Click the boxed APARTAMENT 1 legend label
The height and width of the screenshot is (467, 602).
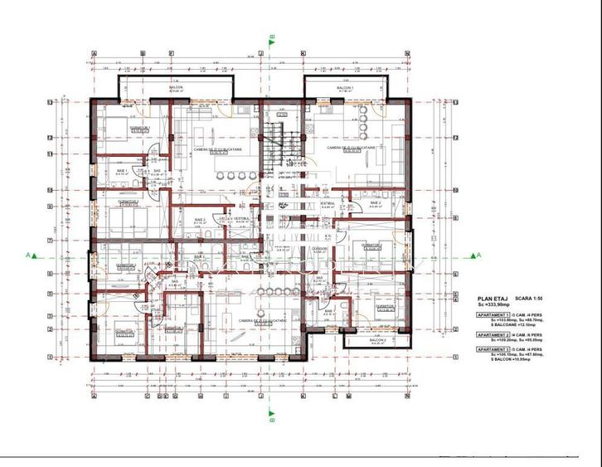[492, 317]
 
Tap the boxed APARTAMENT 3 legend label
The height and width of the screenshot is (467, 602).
[492, 351]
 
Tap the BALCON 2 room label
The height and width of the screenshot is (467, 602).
[377, 340]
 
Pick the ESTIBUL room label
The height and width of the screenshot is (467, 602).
[327, 202]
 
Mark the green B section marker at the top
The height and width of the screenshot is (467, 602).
[271, 37]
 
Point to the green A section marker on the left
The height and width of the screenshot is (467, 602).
[29, 255]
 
